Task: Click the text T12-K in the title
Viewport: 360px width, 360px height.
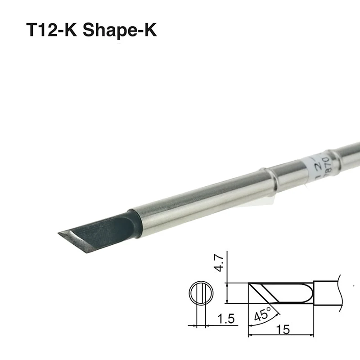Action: (53, 31)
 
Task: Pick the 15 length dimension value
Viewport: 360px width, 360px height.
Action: (283, 329)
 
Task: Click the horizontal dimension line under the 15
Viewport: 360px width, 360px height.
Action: (281, 335)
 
